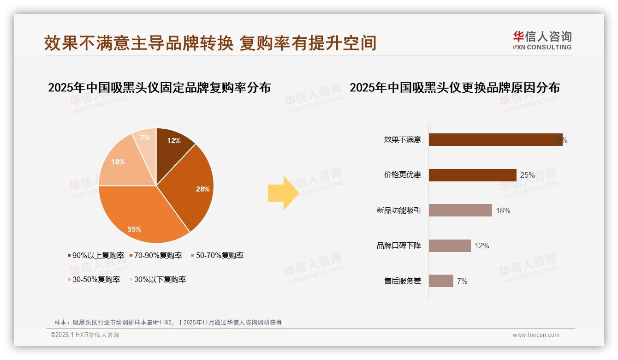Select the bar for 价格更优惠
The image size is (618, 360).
click(x=472, y=175)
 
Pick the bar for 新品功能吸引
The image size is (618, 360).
click(x=460, y=210)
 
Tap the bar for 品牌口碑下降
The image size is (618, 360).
click(x=450, y=246)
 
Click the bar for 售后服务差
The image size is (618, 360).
click(x=441, y=281)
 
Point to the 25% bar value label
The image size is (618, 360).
click(x=527, y=175)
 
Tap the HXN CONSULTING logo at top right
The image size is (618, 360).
click(x=542, y=41)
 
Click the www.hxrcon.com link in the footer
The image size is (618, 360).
click(x=536, y=335)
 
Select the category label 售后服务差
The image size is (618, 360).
click(x=403, y=281)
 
